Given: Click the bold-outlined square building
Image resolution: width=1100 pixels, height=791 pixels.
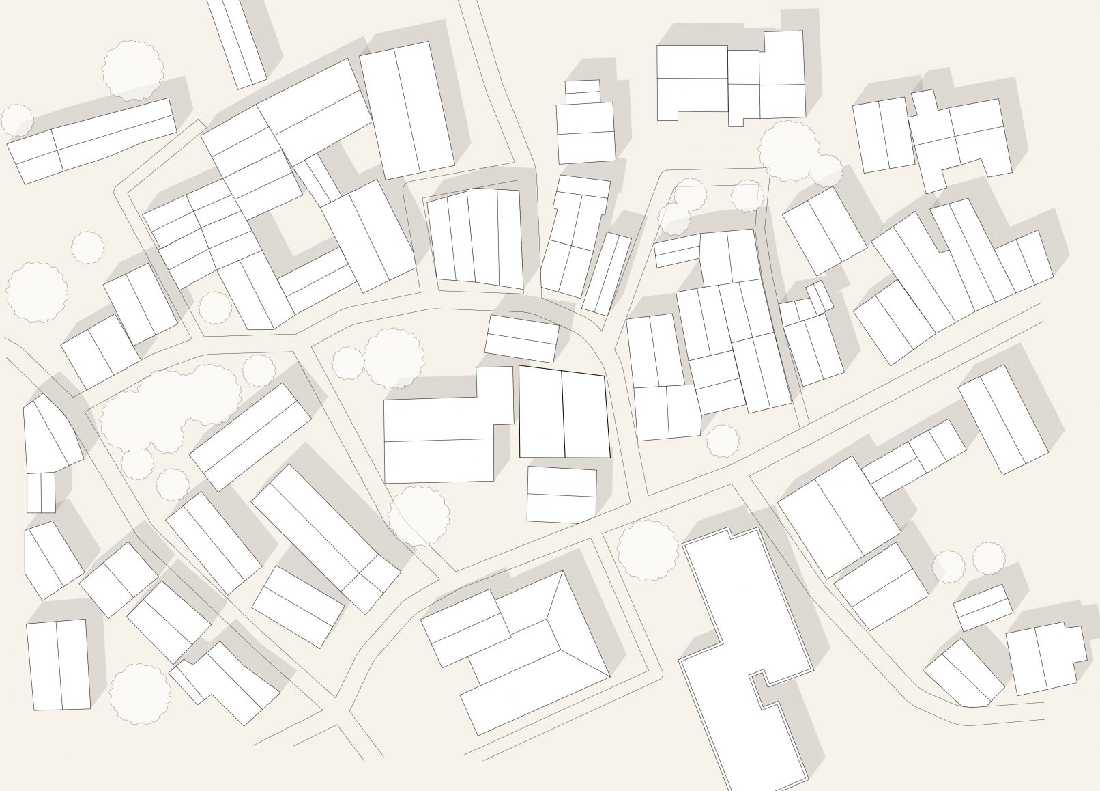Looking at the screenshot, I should click(564, 413).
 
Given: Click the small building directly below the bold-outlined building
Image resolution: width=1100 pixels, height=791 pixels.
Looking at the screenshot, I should click(562, 495).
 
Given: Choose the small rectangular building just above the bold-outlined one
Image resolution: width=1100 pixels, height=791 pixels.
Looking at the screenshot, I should click(522, 338).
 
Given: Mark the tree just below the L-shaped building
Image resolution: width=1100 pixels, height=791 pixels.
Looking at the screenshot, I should click(419, 516).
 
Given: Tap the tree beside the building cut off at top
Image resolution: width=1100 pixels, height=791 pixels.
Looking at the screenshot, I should click(133, 68).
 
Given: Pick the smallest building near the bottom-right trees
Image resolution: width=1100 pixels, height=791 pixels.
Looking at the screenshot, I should click(983, 607).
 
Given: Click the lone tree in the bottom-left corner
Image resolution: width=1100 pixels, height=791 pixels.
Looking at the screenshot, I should click(140, 693).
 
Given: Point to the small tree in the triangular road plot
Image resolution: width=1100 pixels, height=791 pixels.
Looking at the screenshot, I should click(722, 440).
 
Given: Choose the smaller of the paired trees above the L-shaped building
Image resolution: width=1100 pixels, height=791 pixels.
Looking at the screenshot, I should click(348, 363).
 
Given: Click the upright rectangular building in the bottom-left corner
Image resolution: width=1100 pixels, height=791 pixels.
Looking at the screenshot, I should click(58, 665).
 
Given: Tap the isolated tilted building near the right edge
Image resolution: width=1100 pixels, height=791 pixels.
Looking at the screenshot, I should click(1002, 419).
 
